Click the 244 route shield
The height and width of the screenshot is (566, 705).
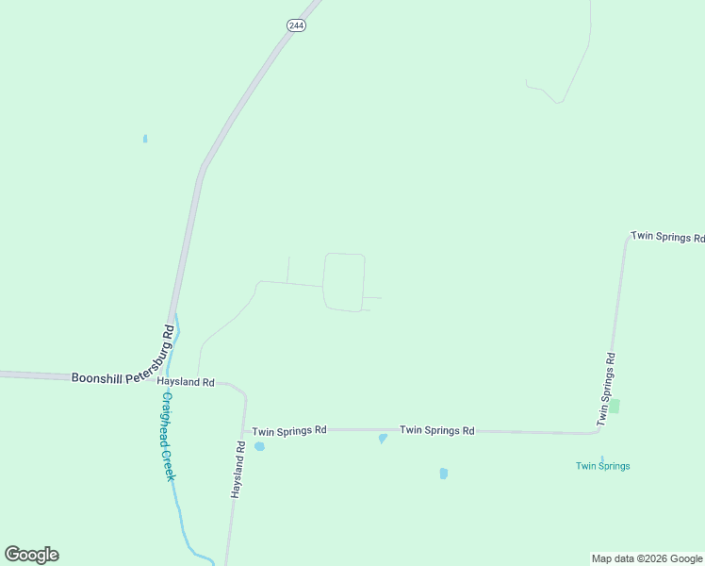[296, 25]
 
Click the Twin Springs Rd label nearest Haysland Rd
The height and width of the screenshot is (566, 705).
[288, 429]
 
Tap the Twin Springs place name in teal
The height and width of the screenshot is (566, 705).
[602, 466]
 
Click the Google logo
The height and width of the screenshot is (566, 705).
[31, 555]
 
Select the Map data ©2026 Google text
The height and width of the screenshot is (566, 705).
[647, 558]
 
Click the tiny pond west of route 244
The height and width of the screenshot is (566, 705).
[145, 139]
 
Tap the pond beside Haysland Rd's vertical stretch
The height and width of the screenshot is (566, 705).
[259, 446]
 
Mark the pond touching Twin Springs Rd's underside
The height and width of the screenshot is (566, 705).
[382, 439]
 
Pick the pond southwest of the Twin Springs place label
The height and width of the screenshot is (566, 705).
[443, 474]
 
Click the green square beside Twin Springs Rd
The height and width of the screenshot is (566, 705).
[615, 406]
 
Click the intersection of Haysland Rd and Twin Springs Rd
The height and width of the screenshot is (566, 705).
[244, 429]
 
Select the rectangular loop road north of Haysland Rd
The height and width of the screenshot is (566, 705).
[343, 281]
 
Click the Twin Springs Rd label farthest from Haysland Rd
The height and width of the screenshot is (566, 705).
[666, 236]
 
